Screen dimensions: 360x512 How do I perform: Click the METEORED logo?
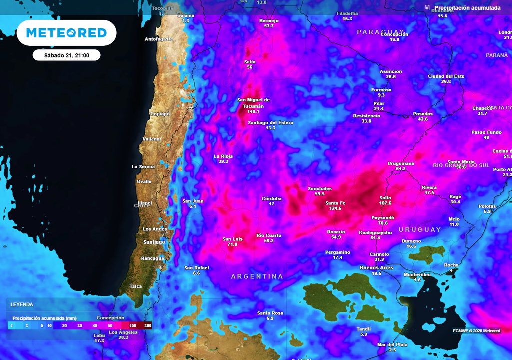click(66, 33)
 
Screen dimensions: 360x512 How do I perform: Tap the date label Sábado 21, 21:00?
click(66, 55)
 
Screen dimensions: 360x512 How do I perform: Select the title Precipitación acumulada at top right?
click(467, 8)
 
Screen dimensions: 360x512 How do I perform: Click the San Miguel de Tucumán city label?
click(253, 103)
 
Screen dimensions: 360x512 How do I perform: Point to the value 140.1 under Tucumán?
click(253, 112)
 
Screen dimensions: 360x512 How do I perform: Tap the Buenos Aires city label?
click(377, 268)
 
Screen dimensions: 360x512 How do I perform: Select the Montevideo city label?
click(417, 275)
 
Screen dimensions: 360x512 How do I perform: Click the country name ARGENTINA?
click(257, 276)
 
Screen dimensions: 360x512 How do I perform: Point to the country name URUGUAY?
click(420, 230)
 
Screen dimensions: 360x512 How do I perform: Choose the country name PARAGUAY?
click(376, 32)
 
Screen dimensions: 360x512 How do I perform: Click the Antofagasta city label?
click(159, 39)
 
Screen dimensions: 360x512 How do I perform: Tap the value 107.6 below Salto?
click(385, 203)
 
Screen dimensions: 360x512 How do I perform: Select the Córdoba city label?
click(272, 198)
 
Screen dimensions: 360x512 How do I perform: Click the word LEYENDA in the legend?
click(22, 304)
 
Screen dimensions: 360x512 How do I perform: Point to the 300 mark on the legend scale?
click(148, 326)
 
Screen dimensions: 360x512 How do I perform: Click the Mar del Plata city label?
click(392, 345)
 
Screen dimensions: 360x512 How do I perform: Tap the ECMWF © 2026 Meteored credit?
click(476, 331)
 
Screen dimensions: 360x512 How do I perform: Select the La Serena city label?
click(143, 166)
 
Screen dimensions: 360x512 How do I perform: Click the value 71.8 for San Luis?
click(232, 245)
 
